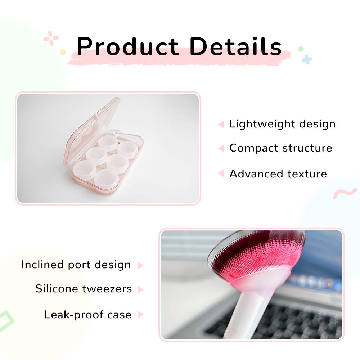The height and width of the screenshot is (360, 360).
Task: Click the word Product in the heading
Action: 128,46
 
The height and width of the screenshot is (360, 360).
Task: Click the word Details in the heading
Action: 235,46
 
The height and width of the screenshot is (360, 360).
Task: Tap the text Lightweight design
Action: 282,124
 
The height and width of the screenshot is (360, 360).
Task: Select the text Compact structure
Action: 281,148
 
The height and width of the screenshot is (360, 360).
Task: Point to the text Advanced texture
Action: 278,174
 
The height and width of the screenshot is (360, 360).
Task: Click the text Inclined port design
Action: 76,265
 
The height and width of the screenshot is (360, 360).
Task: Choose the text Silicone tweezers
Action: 84,289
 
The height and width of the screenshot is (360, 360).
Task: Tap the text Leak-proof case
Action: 88,315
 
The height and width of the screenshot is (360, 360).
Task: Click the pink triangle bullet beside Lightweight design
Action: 221,124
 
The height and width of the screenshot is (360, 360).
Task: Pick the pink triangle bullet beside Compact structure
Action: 221,148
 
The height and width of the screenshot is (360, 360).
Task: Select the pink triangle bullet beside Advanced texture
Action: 221,174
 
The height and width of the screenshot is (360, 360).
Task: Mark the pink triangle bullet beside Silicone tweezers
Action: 140,289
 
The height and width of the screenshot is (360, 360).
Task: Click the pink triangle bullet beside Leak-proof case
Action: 140,314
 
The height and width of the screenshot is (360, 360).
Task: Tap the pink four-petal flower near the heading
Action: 51,38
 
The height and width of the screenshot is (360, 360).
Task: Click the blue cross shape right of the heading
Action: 307,59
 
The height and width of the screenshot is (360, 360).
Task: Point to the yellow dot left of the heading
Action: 63,52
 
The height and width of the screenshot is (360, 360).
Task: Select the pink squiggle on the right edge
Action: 345,193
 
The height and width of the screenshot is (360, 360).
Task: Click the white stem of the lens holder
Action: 241,315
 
